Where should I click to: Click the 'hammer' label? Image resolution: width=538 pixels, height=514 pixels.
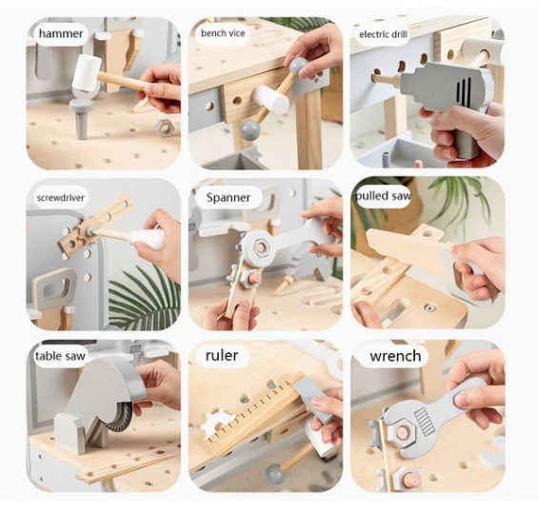[61, 33]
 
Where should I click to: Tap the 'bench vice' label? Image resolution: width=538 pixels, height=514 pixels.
[223, 33]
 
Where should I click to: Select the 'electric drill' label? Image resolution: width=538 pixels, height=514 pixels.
[383, 34]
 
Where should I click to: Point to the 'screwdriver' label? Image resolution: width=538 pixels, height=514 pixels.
[60, 198]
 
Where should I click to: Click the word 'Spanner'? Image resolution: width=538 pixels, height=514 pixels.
[229, 197]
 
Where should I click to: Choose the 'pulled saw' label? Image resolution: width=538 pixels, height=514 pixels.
[383, 196]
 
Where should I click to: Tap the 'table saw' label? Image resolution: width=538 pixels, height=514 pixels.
[60, 356]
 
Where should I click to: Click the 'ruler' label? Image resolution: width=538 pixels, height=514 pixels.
[222, 356]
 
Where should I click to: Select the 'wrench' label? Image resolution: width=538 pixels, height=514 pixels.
[395, 356]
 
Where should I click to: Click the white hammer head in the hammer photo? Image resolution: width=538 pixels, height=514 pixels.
[87, 72]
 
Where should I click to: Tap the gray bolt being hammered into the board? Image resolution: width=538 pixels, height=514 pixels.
[81, 118]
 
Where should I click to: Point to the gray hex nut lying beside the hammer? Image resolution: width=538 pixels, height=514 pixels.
[165, 128]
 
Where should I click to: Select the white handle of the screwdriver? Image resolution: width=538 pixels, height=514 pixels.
[147, 238]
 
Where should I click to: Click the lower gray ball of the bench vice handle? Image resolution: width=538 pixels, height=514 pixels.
[249, 129]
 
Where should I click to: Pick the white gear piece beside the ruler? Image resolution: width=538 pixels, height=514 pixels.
[217, 424]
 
